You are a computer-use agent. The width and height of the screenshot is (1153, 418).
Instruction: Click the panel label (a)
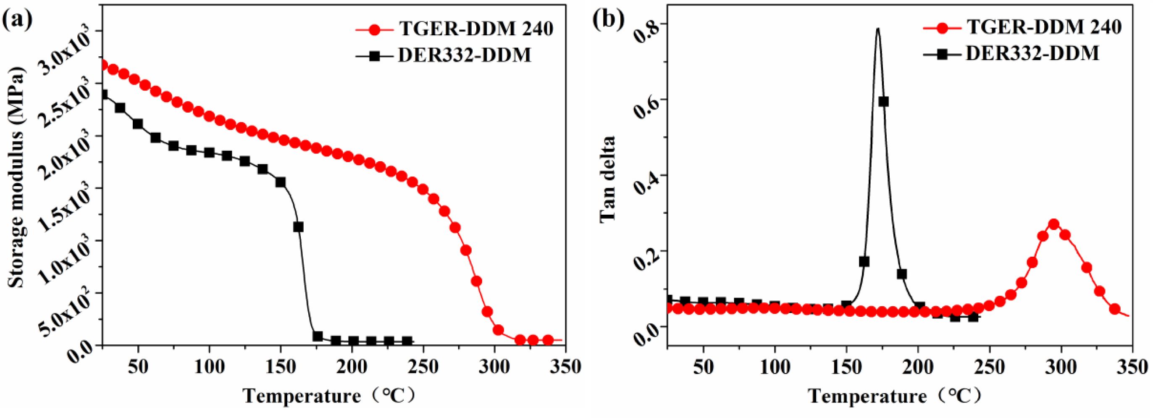coord(17,21)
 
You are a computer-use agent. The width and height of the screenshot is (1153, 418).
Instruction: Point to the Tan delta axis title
coord(609,178)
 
